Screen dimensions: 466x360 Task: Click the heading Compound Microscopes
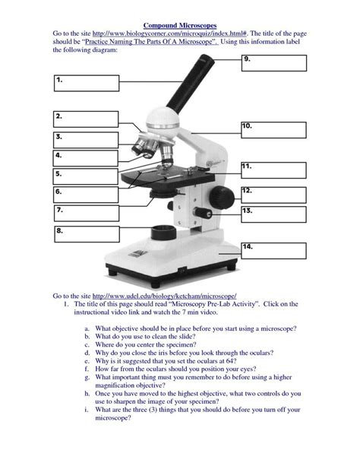coord(179,25)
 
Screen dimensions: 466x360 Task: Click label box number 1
coord(86,83)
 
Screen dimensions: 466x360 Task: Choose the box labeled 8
coord(86,233)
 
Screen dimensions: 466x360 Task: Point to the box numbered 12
coord(273,194)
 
